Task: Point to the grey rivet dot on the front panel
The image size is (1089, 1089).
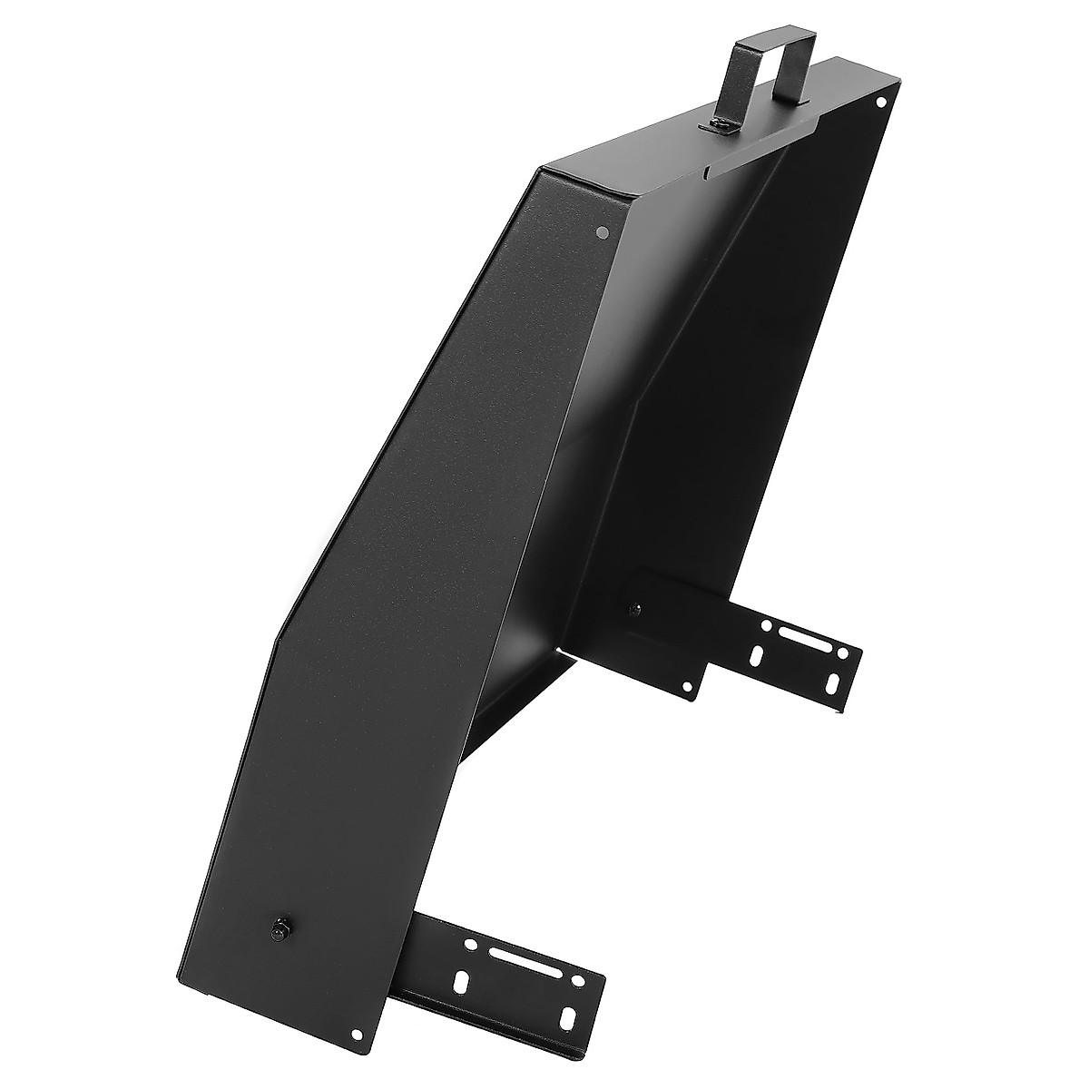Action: [x=600, y=232]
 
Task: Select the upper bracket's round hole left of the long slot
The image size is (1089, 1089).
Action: [x=767, y=626]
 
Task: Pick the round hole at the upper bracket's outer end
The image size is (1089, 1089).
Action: [x=847, y=653]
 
